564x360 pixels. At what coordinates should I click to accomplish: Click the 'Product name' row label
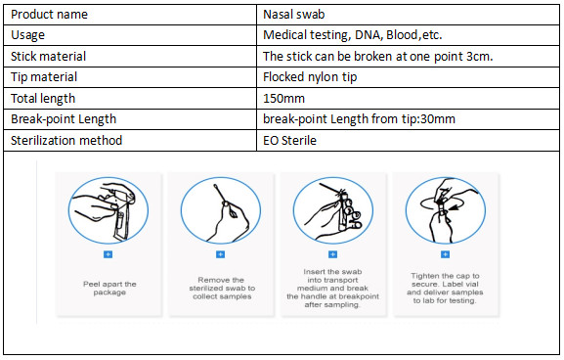(x=49, y=15)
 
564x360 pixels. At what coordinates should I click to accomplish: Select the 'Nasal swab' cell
(x=294, y=15)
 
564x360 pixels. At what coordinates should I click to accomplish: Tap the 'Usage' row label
(x=27, y=35)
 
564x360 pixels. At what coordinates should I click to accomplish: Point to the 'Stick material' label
(x=48, y=56)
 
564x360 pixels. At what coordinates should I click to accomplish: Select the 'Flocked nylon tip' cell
(x=310, y=77)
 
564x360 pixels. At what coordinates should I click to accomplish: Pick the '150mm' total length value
(x=283, y=98)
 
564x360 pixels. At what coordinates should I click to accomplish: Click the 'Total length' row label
(x=43, y=98)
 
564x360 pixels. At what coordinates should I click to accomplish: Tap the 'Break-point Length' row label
(x=64, y=119)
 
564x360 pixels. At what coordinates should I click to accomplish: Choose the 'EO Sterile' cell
(x=289, y=141)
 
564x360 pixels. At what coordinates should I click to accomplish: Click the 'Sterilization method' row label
(x=66, y=141)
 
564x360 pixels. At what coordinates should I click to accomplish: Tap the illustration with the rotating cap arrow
(x=446, y=210)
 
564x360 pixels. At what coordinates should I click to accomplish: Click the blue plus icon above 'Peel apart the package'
(x=108, y=254)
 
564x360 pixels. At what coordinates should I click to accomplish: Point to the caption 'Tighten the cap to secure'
(x=446, y=280)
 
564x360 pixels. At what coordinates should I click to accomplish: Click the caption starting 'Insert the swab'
(x=332, y=289)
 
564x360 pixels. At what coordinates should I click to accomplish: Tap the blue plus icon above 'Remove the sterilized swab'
(x=221, y=254)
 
